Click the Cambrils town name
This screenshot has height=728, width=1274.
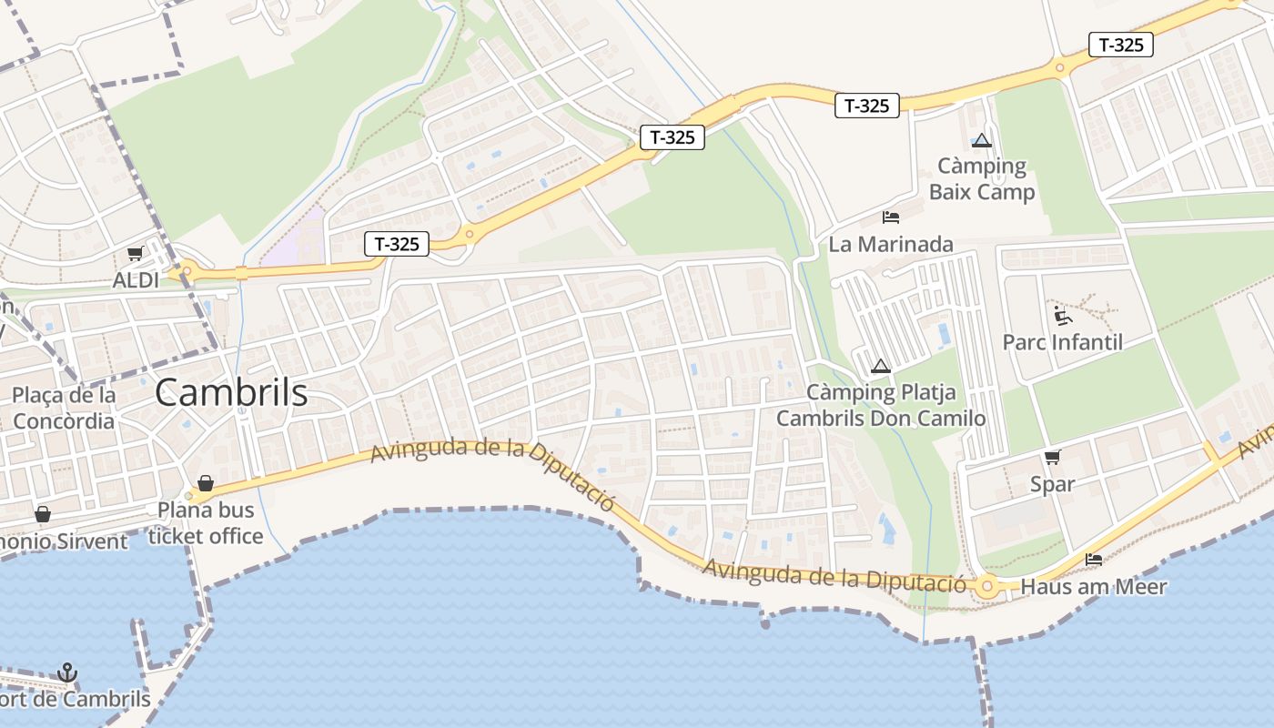[231, 393]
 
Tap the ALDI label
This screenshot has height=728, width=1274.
[136, 279]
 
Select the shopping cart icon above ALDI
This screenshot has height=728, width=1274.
[135, 254]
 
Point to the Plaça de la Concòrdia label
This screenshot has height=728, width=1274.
[64, 408]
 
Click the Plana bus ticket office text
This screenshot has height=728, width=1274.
[206, 523]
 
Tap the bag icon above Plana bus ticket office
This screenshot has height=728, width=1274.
[206, 482]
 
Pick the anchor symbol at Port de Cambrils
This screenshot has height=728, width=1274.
[67, 673]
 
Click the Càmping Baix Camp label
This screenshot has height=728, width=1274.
[982, 179]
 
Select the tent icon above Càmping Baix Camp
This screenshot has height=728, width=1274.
[981, 140]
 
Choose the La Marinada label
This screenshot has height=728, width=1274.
[891, 244]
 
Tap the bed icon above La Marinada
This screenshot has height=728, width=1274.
[891, 217]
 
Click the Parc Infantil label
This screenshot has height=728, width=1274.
[1062, 342]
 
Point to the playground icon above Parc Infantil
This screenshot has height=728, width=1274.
[1062, 316]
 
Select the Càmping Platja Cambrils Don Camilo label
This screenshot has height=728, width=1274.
[881, 406]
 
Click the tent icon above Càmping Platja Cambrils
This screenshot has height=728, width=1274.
[880, 366]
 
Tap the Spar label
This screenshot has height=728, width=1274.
[1052, 483]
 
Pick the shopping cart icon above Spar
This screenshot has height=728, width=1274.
[1053, 457]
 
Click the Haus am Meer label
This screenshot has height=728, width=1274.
[1093, 587]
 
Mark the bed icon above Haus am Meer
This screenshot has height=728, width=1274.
[1094, 559]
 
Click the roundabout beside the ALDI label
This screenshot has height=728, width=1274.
[187, 269]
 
